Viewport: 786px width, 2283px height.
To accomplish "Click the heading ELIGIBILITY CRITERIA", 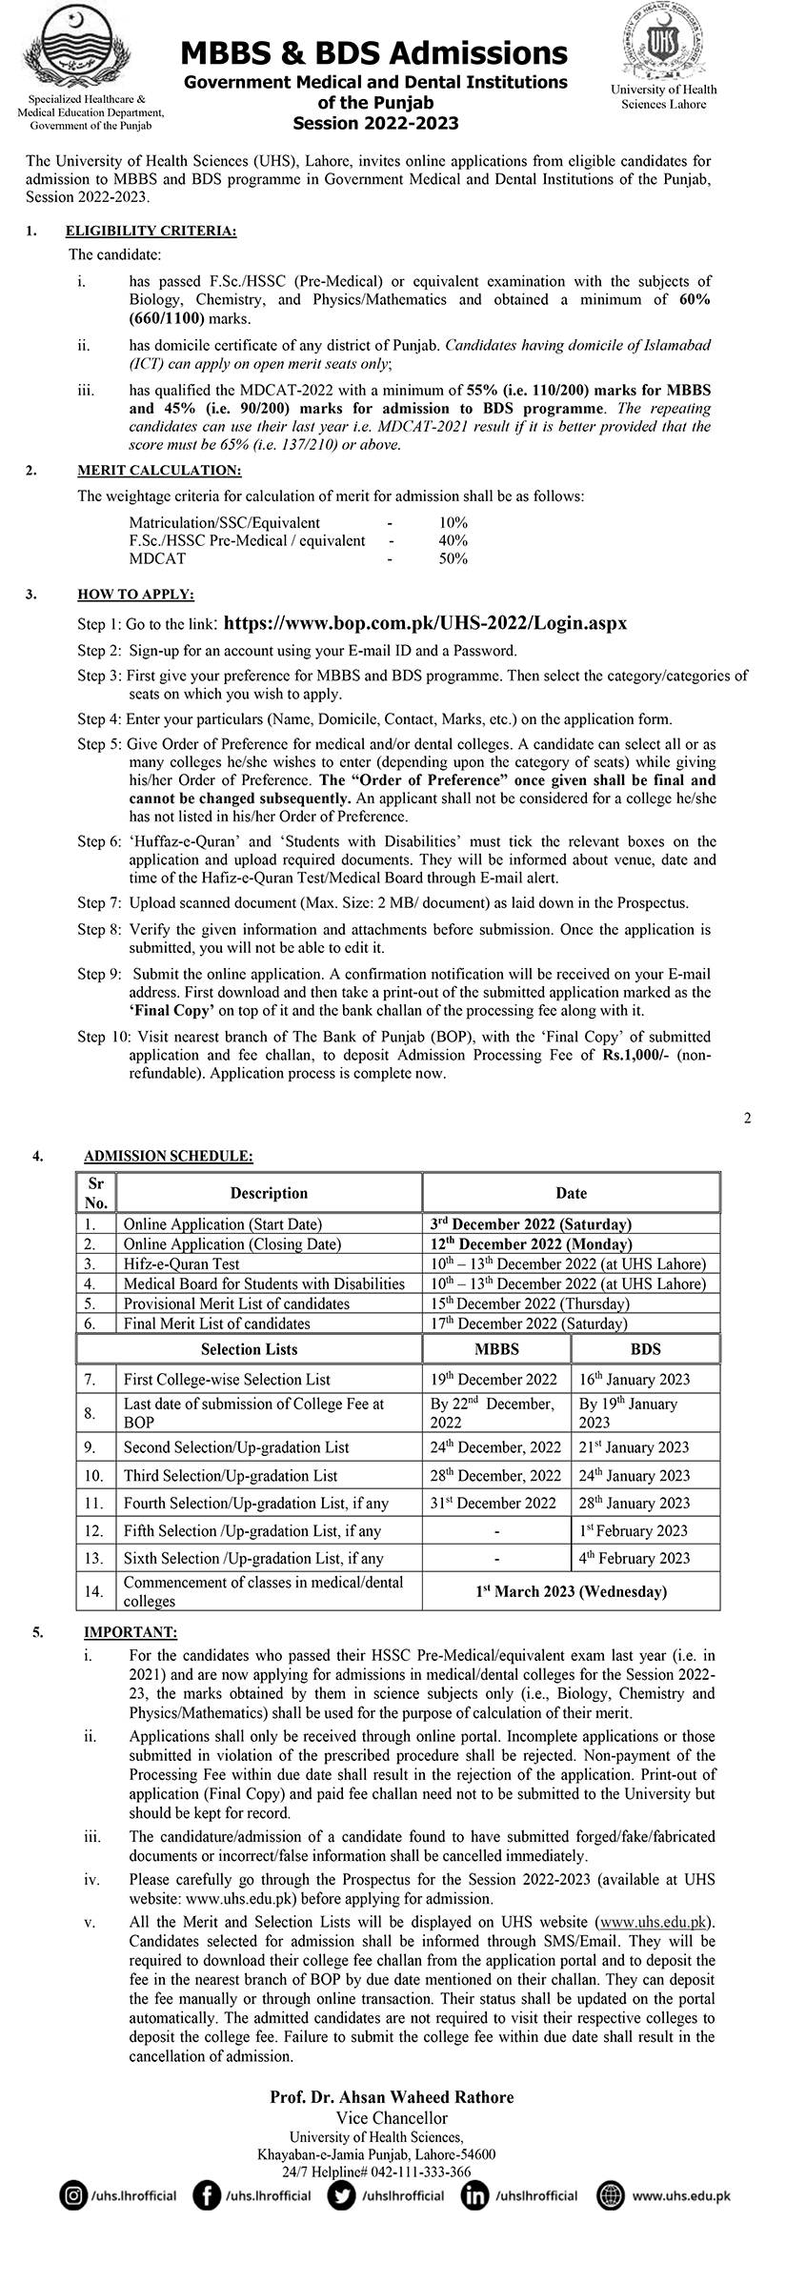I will pyautogui.click(x=151, y=232).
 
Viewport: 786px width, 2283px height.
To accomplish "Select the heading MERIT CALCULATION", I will pyautogui.click(x=159, y=470).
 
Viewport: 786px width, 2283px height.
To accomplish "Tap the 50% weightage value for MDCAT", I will pyautogui.click(x=453, y=559).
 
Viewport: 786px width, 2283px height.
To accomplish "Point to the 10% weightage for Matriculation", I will pyautogui.click(x=453, y=523).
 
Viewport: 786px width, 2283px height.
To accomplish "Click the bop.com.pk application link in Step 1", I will pyautogui.click(x=425, y=623).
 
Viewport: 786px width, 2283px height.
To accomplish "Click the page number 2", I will pyautogui.click(x=748, y=1118).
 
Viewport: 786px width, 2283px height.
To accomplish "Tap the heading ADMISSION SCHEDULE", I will pyautogui.click(x=169, y=1157).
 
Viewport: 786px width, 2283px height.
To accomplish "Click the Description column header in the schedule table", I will pyautogui.click(x=269, y=1193).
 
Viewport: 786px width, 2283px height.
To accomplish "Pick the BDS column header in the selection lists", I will pyautogui.click(x=645, y=1349).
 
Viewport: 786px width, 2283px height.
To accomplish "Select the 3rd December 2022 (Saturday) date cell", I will pyautogui.click(x=527, y=1224).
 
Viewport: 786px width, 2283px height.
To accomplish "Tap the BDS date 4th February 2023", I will pyautogui.click(x=635, y=1558).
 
